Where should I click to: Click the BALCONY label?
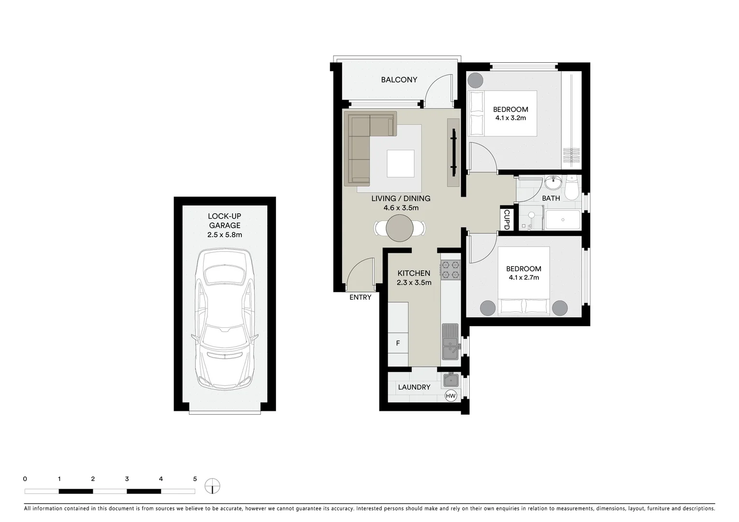(399, 80)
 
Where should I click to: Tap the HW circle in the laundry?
(450, 396)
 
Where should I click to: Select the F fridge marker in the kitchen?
(398, 343)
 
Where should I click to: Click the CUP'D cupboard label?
(507, 219)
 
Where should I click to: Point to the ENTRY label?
(360, 297)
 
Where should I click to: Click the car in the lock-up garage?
(225, 319)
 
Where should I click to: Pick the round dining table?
(400, 228)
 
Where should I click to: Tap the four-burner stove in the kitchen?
(450, 270)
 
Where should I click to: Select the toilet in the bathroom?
(571, 188)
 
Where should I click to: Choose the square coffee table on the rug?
(400, 163)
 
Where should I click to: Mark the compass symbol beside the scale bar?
(212, 485)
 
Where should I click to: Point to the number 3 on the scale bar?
(127, 479)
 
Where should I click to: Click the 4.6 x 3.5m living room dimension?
(401, 208)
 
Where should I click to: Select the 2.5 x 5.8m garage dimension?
(224, 235)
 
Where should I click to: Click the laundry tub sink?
(451, 379)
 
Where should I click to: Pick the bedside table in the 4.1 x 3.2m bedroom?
(475, 79)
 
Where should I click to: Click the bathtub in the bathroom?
(563, 220)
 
